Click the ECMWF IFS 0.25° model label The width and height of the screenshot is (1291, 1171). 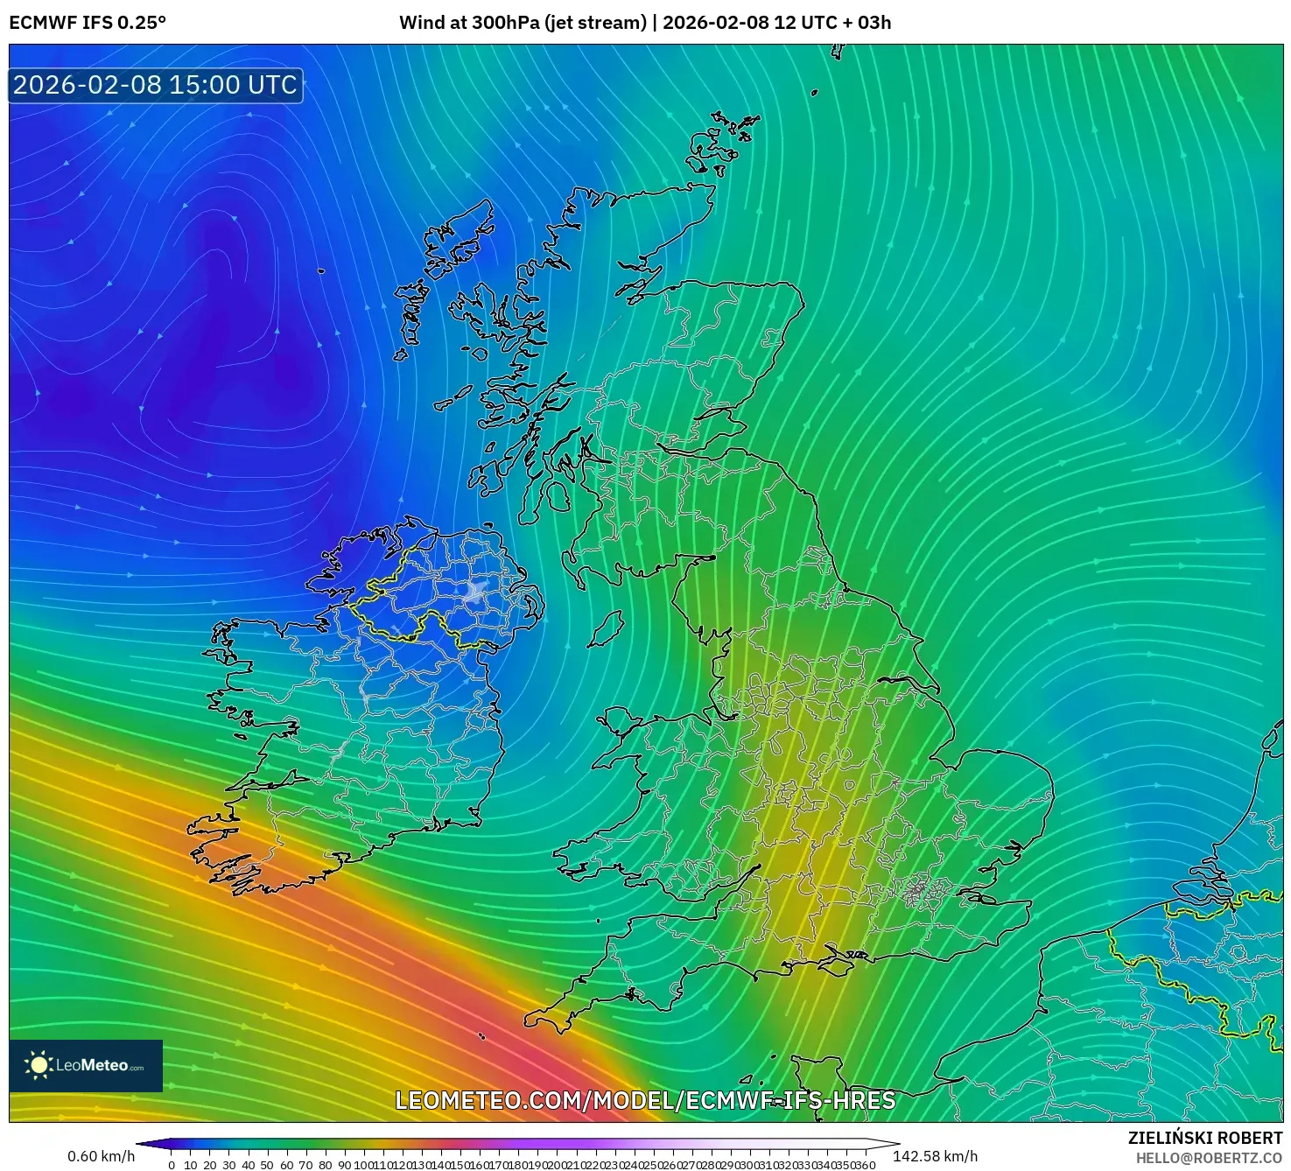(x=88, y=23)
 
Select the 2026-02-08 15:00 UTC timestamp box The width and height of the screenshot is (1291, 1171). (x=155, y=85)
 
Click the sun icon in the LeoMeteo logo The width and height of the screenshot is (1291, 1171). (x=39, y=1065)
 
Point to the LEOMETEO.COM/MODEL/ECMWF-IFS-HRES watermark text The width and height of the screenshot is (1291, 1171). (x=645, y=1100)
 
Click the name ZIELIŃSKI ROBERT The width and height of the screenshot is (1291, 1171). (x=1204, y=1138)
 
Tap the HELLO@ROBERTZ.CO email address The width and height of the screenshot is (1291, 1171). (x=1209, y=1158)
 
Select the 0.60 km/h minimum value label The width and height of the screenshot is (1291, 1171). (x=101, y=1156)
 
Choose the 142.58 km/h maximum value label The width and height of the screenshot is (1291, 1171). (x=935, y=1156)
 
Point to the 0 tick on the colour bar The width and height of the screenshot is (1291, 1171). (x=172, y=1165)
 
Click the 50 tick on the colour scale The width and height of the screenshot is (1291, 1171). (x=267, y=1165)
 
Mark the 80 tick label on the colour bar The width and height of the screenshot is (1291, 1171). (x=325, y=1165)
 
